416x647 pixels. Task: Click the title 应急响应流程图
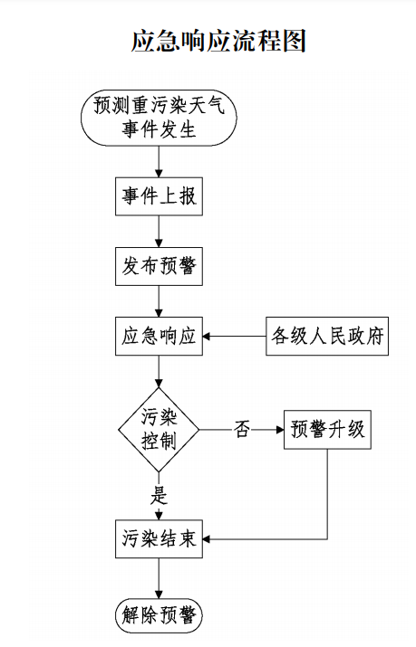coord(218,42)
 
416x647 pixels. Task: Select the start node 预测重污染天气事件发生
coord(159,118)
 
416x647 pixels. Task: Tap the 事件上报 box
coord(159,196)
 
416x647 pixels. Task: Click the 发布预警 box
coord(159,266)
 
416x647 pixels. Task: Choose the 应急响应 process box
coord(159,337)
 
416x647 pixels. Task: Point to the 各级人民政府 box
coord(327,337)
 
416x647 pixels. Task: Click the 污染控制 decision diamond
coord(159,430)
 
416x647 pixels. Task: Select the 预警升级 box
coord(327,430)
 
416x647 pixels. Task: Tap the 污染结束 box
coord(159,539)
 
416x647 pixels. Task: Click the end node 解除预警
coord(159,616)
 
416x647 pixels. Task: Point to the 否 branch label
coord(243,429)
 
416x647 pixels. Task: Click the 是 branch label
coord(159,495)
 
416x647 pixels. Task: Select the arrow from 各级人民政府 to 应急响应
coord(234,337)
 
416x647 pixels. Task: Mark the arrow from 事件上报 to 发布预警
coord(159,232)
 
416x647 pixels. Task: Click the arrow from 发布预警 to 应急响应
coord(159,301)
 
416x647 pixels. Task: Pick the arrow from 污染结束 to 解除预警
coord(159,578)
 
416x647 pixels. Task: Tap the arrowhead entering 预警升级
coord(280,430)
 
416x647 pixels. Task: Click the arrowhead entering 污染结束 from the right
coord(207,539)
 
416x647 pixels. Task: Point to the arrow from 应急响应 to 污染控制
coord(159,371)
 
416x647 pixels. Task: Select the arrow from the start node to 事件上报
coord(159,162)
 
